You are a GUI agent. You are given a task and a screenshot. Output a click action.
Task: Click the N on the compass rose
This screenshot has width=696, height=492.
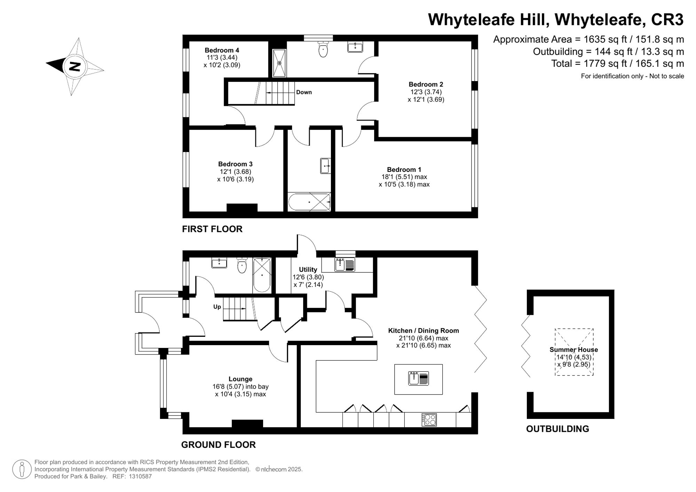[x=74, y=66]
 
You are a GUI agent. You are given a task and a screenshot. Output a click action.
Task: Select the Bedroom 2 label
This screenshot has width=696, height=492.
[x=426, y=84]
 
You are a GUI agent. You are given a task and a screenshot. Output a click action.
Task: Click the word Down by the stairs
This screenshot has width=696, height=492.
[x=304, y=92]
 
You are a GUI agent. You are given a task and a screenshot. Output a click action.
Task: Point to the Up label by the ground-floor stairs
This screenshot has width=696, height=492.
[x=217, y=307]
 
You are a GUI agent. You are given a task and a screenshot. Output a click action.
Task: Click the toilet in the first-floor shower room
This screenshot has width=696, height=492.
[x=323, y=49]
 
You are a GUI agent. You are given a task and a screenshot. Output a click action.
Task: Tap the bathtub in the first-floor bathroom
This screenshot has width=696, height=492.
[x=309, y=202]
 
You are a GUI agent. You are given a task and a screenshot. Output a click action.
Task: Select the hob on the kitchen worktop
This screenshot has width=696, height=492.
[x=429, y=420]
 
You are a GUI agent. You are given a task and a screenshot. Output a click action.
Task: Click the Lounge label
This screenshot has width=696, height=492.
[x=240, y=379]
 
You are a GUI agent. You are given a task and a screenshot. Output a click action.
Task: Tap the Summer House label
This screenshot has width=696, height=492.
[x=574, y=350]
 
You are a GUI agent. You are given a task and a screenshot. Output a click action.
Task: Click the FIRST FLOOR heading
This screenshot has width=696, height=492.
[x=212, y=229]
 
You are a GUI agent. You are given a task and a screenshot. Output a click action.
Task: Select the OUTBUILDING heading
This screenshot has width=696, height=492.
[x=557, y=429]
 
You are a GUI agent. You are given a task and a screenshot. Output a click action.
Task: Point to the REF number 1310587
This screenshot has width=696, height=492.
[x=140, y=476]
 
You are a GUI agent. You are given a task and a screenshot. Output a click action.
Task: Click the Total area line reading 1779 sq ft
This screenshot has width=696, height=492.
[x=617, y=63]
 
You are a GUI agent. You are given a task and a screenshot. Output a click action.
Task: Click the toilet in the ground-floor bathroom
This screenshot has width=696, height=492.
[x=242, y=266]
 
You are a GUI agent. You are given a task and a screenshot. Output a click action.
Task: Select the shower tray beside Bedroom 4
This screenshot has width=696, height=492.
[x=279, y=63]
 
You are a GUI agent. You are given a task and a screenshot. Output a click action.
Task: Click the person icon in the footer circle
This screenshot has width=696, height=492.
[x=22, y=469]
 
